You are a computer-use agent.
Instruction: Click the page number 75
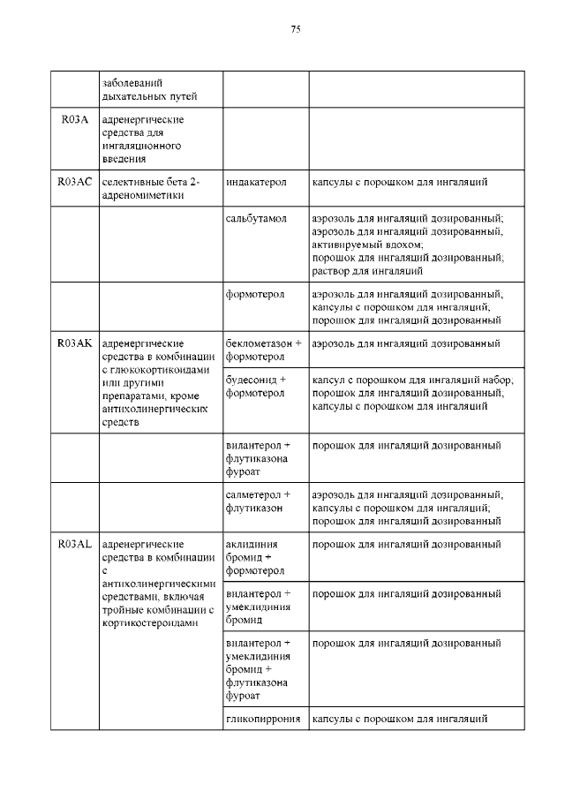[296, 29]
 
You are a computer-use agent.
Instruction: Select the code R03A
[75, 119]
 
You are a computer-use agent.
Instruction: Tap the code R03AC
[75, 182]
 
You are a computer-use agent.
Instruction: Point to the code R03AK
[75, 343]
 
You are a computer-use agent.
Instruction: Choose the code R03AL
[75, 545]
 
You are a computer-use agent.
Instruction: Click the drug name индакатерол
[256, 182]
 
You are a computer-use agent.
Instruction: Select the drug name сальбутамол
[257, 217]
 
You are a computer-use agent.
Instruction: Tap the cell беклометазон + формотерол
[263, 350]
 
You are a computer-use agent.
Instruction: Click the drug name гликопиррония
[263, 720]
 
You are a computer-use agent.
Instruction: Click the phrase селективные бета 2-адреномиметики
[152, 188]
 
